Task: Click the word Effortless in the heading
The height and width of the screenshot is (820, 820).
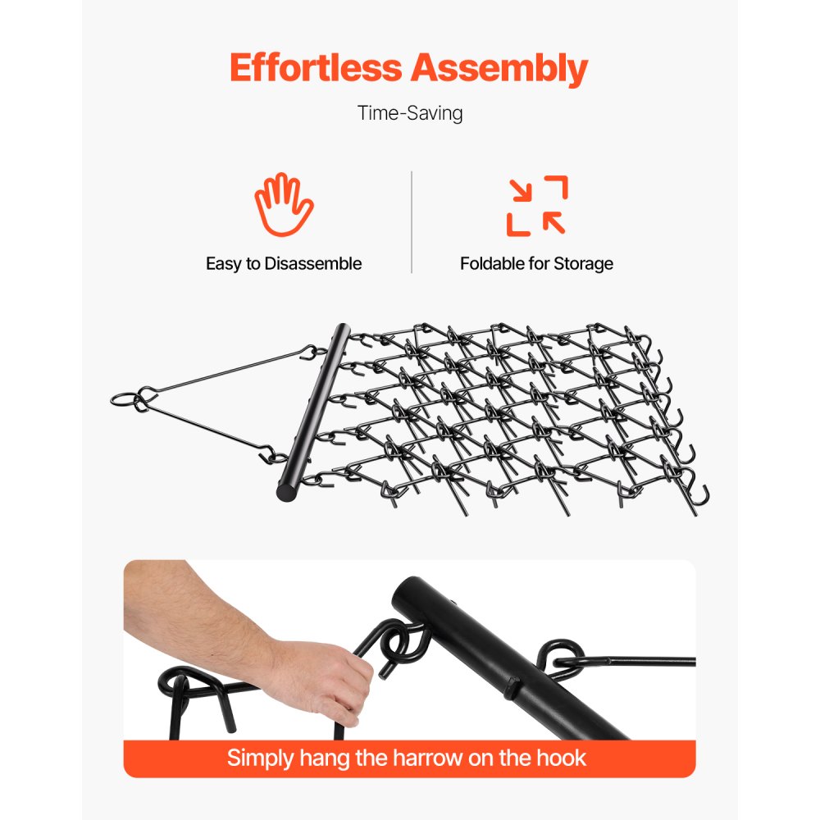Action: point(316,69)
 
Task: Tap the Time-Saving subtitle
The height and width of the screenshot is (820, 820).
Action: point(410,113)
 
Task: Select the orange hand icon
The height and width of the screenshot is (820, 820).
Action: point(283,205)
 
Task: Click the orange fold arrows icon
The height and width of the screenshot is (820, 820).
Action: point(537,206)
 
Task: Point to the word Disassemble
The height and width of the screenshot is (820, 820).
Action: point(312,264)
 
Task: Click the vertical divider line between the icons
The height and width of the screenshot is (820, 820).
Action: point(411,221)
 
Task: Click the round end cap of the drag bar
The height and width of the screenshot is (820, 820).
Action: point(286,493)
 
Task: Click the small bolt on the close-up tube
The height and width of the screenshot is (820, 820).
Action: point(511,687)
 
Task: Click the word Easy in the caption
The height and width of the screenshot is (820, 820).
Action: point(223,264)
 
